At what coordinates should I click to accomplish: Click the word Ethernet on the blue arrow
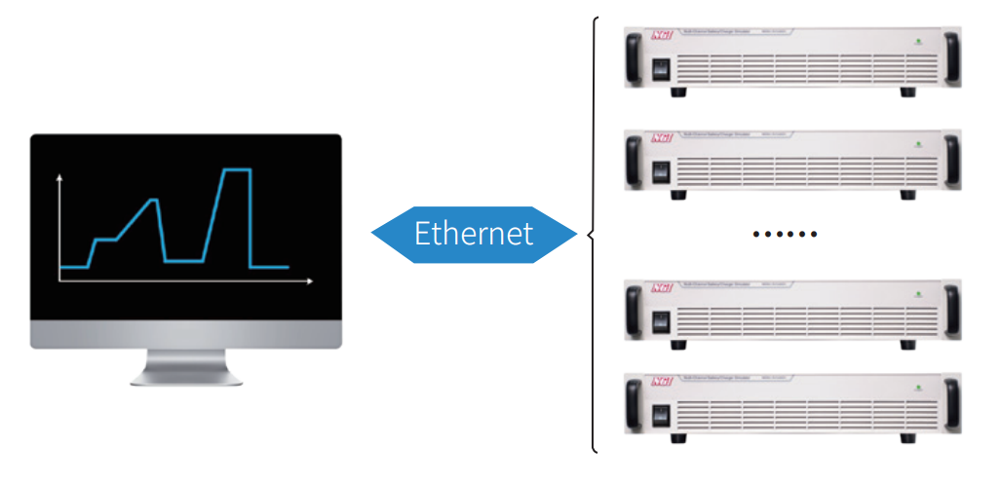(474, 234)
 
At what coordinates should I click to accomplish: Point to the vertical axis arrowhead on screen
(60, 178)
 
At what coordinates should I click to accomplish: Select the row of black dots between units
(785, 234)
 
